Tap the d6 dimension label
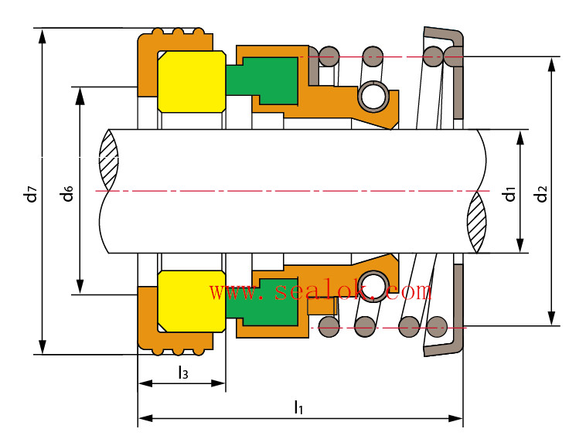[68, 192]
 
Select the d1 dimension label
[509, 192]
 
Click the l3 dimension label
[182, 373]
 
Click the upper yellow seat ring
[190, 81]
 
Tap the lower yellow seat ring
[190, 300]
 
